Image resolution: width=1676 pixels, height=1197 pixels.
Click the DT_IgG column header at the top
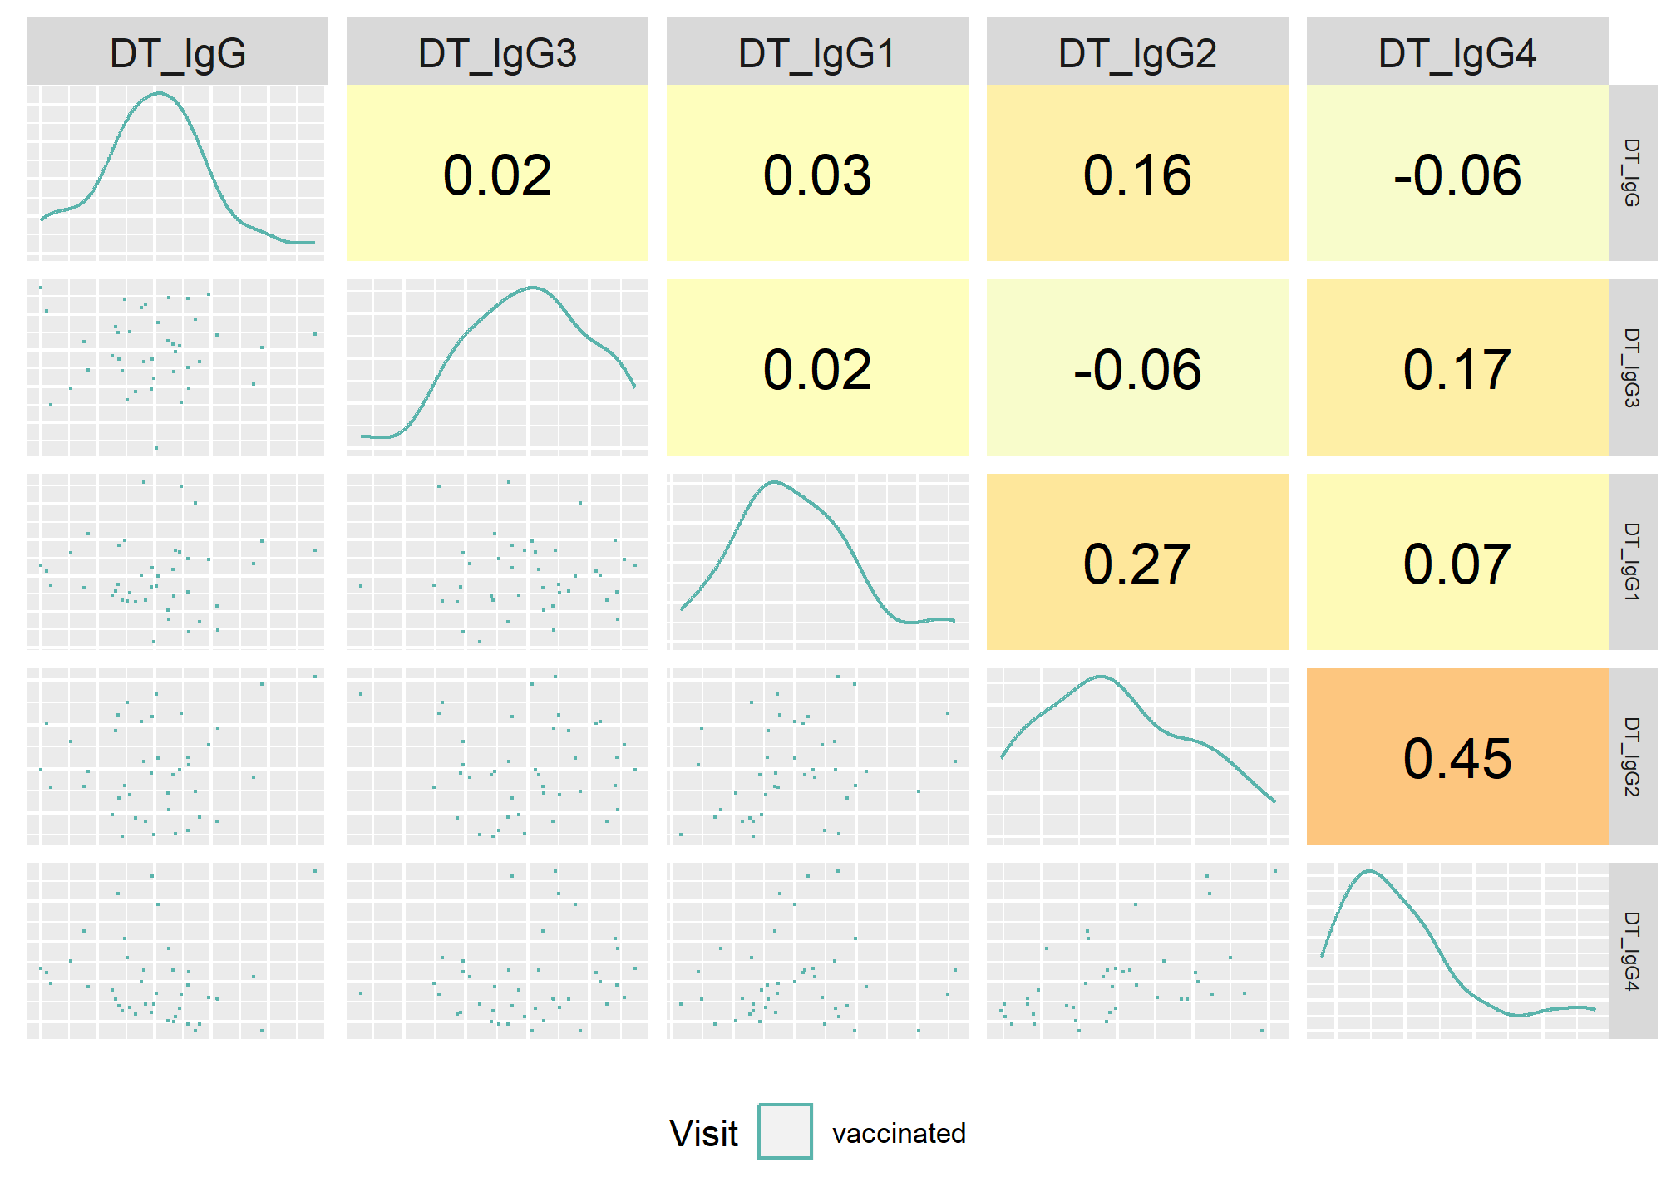tap(178, 54)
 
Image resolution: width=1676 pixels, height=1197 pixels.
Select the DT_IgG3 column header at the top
tap(497, 54)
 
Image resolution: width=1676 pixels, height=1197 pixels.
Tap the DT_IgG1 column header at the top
tap(817, 54)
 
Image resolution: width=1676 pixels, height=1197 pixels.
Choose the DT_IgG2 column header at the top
tap(1137, 54)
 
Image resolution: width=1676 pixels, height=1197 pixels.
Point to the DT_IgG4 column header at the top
tap(1457, 54)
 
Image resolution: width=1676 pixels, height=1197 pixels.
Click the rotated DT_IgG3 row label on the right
tap(1632, 367)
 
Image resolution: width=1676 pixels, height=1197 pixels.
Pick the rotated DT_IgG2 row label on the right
tap(1632, 756)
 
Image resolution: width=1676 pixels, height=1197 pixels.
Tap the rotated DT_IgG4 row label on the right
tap(1632, 951)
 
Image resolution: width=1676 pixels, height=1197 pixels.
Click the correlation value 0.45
tap(1457, 758)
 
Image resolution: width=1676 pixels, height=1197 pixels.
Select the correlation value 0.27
tap(1137, 564)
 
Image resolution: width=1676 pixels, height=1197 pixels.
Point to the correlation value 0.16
tap(1137, 175)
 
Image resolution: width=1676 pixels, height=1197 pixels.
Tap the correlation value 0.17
tap(1457, 369)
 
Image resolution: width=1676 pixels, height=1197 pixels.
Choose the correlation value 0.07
tap(1457, 564)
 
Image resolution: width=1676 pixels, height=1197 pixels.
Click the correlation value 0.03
tap(817, 175)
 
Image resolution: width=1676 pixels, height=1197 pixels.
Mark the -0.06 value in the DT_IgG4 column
tap(1457, 175)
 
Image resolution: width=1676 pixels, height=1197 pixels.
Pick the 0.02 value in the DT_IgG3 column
tap(497, 175)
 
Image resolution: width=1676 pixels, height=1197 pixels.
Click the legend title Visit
tap(703, 1133)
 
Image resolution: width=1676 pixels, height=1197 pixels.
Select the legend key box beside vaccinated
tap(785, 1131)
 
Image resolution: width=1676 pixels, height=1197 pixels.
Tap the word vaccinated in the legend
tap(899, 1133)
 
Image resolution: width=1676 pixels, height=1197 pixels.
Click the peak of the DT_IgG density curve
tap(159, 93)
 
